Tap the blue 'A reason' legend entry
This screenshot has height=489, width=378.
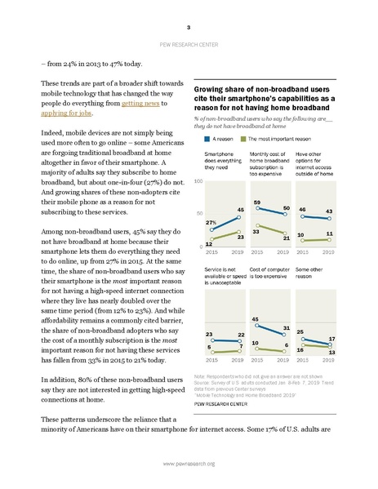pos(214,141)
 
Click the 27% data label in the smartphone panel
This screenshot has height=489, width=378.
pos(211,199)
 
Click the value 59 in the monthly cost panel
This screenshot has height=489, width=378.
pos(259,178)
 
